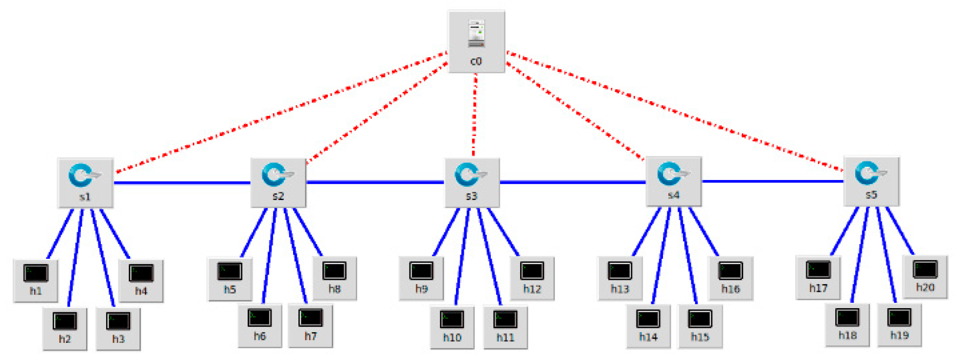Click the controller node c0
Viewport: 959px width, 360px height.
click(x=476, y=42)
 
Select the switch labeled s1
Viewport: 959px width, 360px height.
click(x=85, y=183)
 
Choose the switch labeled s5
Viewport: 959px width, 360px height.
click(x=871, y=181)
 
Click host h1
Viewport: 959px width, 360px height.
click(x=36, y=280)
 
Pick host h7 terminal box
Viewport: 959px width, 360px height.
click(x=310, y=325)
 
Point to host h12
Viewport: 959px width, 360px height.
click(x=532, y=278)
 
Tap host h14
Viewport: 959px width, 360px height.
click(x=648, y=326)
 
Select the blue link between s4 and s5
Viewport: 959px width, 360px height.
click(x=772, y=181)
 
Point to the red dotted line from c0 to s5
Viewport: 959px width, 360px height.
click(x=675, y=111)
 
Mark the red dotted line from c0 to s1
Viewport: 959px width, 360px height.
click(x=281, y=112)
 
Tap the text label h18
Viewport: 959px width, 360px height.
click(x=847, y=336)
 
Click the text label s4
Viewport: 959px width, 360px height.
click(x=673, y=195)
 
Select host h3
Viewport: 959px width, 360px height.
click(x=118, y=329)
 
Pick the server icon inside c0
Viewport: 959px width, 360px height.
click(x=476, y=33)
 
